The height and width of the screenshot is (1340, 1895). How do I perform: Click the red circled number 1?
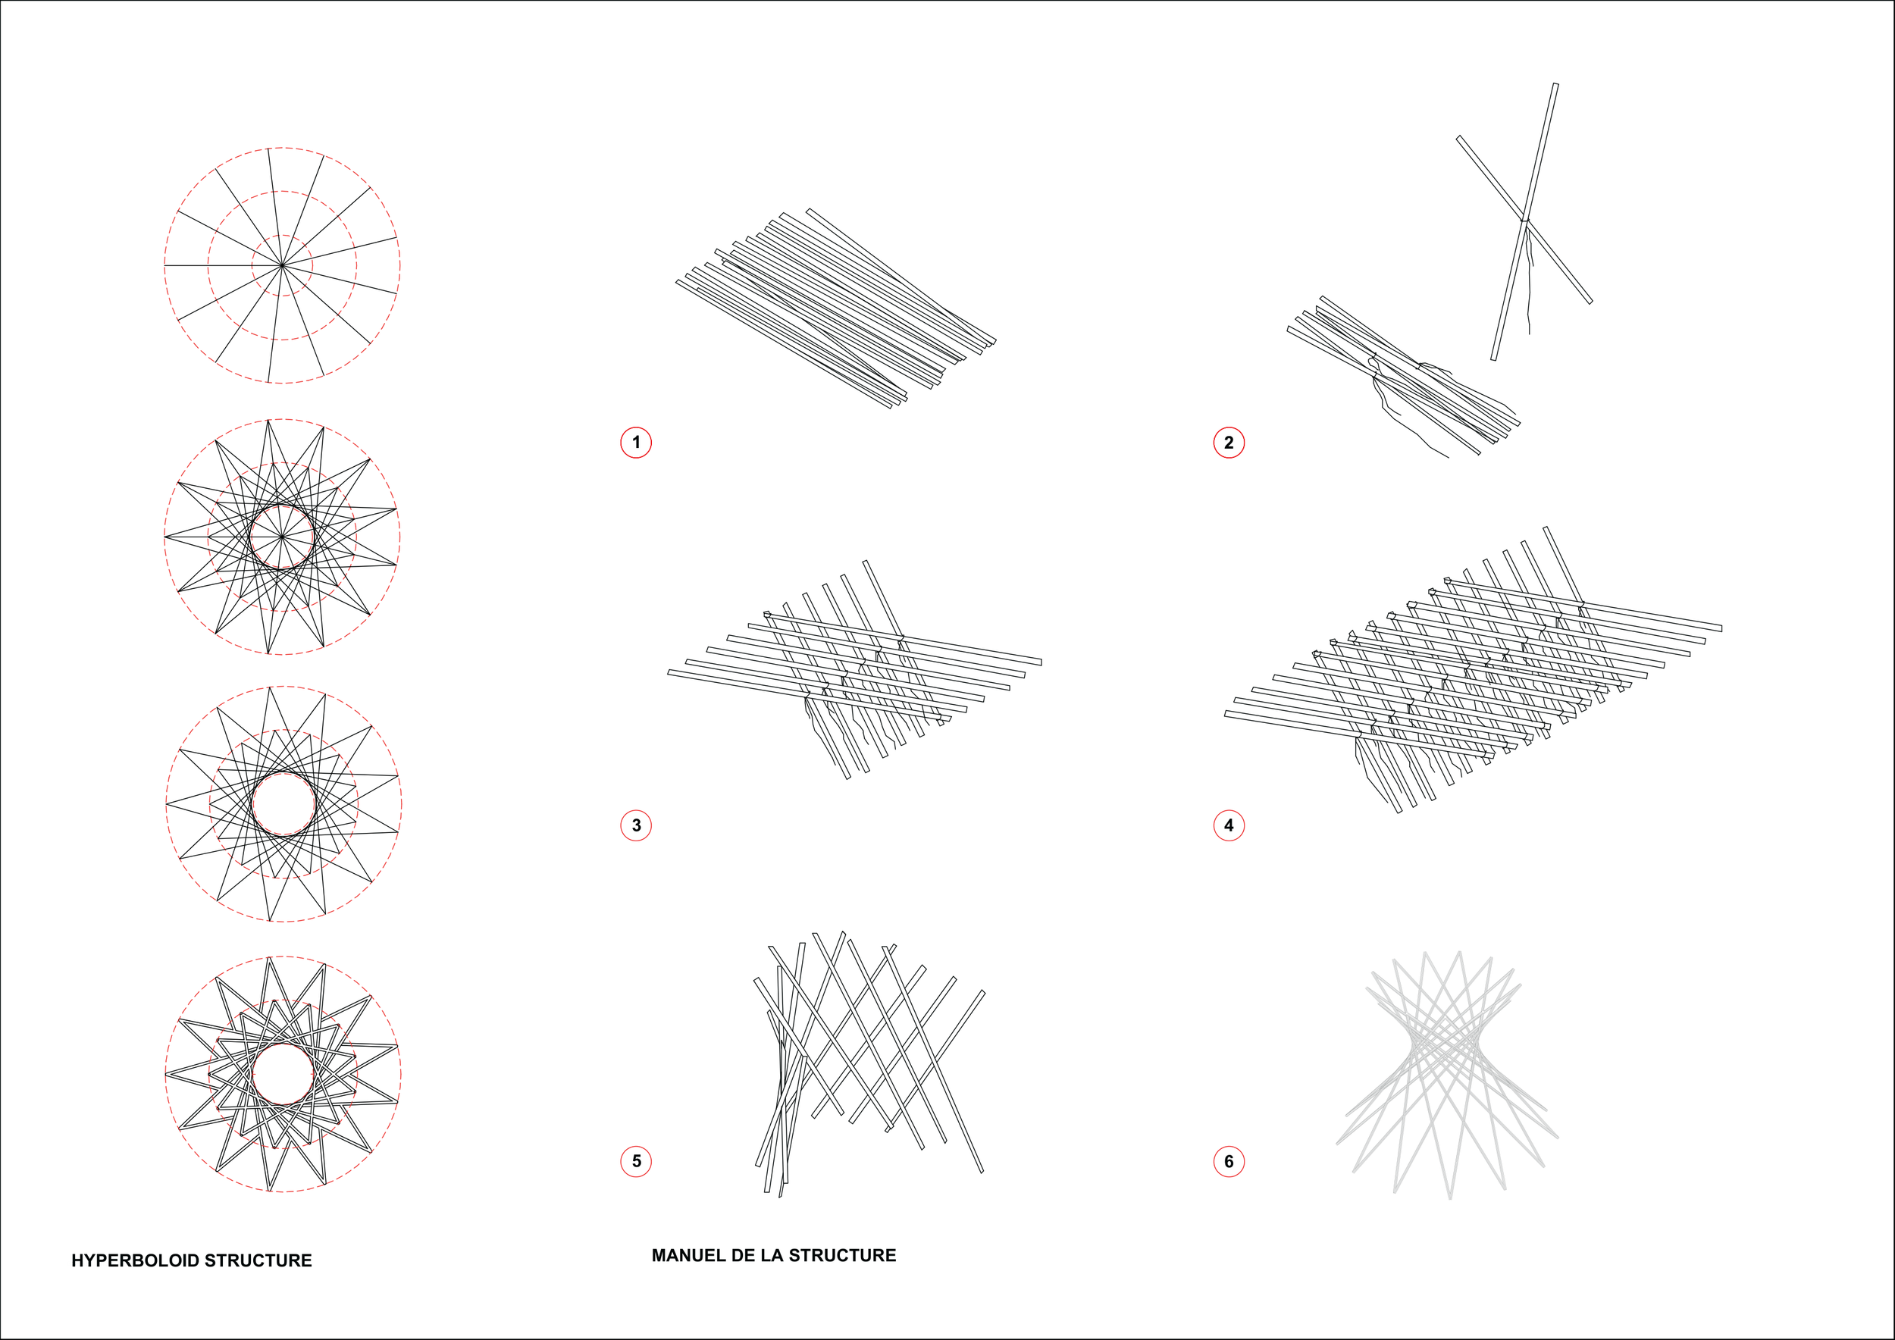point(635,443)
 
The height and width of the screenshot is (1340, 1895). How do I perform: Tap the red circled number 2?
point(1228,443)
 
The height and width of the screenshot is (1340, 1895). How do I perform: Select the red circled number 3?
point(635,825)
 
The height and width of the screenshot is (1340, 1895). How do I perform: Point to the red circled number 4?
point(1228,825)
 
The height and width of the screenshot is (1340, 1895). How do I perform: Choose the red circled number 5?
point(635,1161)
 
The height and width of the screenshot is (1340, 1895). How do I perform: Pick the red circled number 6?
point(1228,1161)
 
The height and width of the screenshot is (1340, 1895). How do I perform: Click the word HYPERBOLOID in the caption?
point(134,1260)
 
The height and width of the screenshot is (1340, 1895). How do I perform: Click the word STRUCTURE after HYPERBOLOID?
point(258,1260)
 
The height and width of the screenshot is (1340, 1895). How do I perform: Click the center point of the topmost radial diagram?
point(282,266)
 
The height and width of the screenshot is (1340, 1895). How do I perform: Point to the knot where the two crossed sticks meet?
point(1524,221)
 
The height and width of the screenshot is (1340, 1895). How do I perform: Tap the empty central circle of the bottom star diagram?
point(282,1073)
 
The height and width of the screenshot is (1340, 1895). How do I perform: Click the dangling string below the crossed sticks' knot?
point(1529,280)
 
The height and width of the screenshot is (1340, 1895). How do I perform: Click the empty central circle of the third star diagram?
point(283,804)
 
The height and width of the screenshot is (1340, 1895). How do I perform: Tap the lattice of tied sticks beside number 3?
point(854,670)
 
